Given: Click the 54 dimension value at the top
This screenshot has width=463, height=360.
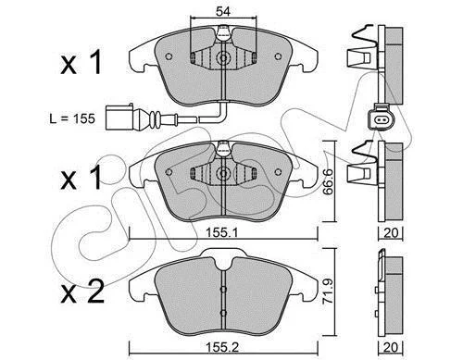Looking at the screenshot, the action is (223, 12).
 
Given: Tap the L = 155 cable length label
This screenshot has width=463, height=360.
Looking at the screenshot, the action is (72, 118).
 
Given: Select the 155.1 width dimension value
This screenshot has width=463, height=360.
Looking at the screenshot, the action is (221, 233).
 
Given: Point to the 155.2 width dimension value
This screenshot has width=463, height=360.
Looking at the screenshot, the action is (222, 348).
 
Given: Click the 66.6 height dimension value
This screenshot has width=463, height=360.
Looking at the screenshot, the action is (328, 181).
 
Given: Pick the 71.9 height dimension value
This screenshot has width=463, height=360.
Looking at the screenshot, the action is (328, 291).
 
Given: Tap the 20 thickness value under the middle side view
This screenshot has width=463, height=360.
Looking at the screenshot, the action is (391, 233).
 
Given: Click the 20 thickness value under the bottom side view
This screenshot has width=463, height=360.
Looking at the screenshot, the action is (391, 347).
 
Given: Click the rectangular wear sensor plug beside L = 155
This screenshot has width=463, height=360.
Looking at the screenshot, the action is (119, 118).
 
